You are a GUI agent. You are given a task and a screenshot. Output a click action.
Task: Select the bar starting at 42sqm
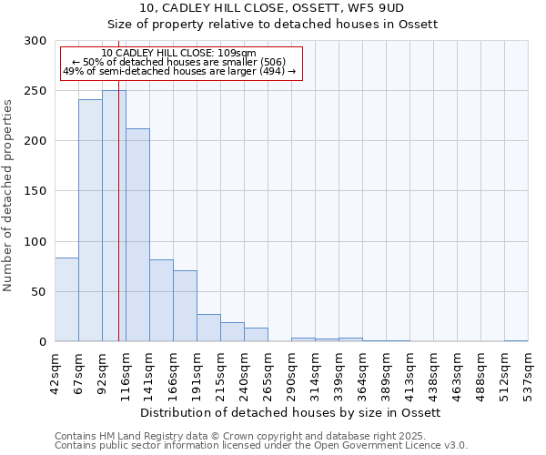click(x=66, y=299)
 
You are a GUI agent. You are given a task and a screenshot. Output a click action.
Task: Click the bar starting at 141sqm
click(x=161, y=300)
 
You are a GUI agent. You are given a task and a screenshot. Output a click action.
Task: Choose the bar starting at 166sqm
click(x=185, y=306)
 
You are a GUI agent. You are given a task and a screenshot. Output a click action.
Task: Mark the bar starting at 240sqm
click(x=256, y=335)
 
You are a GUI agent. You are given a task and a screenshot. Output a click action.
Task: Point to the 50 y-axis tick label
click(x=40, y=292)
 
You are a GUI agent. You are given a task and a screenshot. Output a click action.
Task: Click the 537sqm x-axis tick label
click(x=528, y=371)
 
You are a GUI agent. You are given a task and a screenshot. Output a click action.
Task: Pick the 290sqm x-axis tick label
click(x=291, y=371)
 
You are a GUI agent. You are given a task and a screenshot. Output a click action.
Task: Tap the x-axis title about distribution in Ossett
click(x=291, y=412)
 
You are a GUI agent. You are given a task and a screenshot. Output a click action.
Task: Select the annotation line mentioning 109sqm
click(x=178, y=54)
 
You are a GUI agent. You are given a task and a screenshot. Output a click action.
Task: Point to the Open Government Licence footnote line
click(x=261, y=446)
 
